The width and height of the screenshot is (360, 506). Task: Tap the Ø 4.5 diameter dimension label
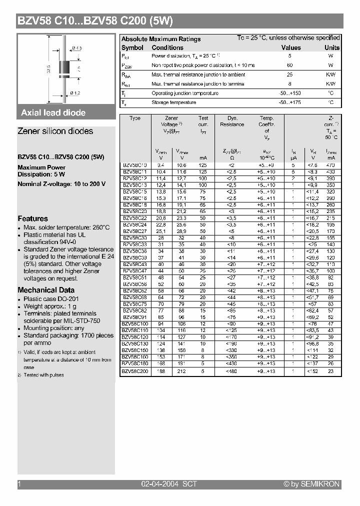click(76, 47)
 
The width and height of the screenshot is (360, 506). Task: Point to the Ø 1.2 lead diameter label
click(75, 93)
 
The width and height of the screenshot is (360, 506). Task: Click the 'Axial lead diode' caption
click(53, 113)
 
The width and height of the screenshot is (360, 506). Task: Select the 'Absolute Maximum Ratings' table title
click(161, 39)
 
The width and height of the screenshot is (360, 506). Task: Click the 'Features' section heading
click(33, 218)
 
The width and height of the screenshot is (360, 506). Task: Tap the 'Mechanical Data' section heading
click(46, 290)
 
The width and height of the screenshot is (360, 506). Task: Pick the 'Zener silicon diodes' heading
click(55, 131)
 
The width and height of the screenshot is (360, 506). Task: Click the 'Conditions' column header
click(167, 47)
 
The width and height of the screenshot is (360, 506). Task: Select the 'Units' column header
click(331, 47)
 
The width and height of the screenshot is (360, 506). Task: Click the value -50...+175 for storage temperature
click(289, 102)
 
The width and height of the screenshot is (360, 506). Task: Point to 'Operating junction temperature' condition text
click(184, 93)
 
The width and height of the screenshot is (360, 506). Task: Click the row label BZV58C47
click(135, 270)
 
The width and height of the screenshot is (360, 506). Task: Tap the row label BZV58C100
click(135, 324)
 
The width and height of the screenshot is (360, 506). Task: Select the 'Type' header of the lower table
click(135, 118)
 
